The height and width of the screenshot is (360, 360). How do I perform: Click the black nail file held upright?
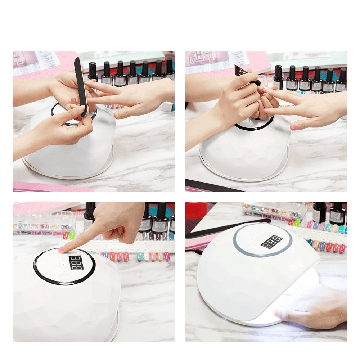(x=81, y=86)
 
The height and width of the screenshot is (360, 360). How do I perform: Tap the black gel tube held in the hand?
(x=246, y=75)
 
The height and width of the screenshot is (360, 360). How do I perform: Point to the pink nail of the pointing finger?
(x=62, y=248)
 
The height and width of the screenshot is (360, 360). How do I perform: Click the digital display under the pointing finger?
(x=76, y=263)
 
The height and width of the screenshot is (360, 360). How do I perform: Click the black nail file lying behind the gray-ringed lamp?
(x=230, y=227)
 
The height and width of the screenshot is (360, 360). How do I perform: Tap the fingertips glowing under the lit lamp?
(x=288, y=313)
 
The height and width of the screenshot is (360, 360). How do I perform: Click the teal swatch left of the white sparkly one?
(x=140, y=256)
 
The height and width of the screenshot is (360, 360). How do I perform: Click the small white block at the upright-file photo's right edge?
(x=168, y=107)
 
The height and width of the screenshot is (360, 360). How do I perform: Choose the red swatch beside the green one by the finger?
(x=66, y=236)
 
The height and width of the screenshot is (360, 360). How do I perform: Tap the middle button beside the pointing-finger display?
(x=64, y=265)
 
